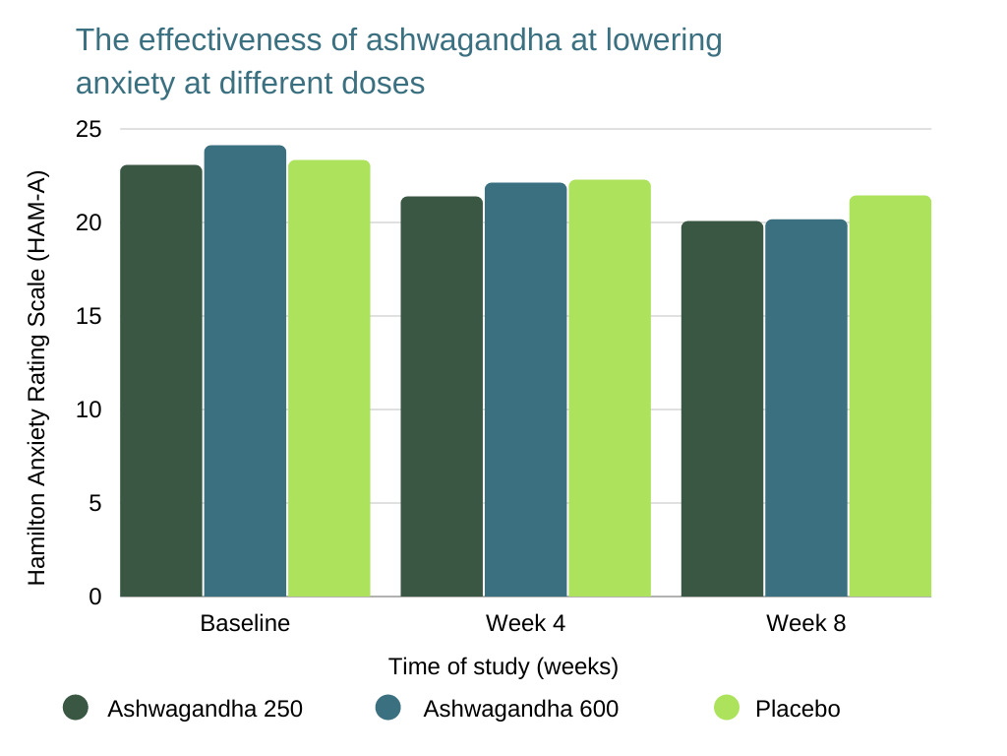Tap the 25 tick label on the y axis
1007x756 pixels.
point(89,130)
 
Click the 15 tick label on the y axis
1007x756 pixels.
point(89,317)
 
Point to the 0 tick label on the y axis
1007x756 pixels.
point(94,597)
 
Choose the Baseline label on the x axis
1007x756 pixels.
point(245,624)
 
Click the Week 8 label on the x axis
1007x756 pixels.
point(806,624)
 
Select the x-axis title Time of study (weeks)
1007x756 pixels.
point(503,666)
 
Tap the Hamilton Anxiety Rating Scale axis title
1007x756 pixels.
point(37,378)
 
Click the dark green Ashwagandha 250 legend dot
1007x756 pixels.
point(76,707)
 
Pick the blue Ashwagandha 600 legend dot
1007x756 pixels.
point(388,707)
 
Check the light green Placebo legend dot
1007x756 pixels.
point(727,707)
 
